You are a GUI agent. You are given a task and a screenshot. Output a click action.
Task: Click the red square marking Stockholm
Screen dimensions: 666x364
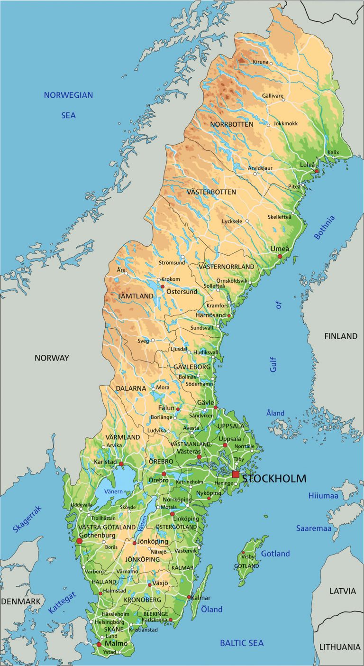point(236,474)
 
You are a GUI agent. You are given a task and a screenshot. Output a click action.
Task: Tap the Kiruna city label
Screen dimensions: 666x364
point(260,62)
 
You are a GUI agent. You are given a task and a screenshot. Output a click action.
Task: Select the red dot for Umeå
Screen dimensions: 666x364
point(280,256)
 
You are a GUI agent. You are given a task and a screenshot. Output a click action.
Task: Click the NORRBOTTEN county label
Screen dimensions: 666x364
point(232,124)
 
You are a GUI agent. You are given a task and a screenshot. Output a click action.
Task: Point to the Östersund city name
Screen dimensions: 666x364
point(182,292)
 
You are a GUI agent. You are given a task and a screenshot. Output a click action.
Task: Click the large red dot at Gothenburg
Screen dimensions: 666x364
point(79,541)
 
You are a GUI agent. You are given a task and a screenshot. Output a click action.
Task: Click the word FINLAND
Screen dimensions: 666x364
point(340,336)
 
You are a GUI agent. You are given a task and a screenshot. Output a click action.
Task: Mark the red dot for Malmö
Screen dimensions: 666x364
point(99,644)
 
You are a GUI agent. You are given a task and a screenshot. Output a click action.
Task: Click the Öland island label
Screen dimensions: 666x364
point(212,609)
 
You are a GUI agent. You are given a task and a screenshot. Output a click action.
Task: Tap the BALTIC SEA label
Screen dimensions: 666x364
point(242,643)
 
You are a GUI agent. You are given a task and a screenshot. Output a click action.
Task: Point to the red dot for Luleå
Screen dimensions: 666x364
point(317,171)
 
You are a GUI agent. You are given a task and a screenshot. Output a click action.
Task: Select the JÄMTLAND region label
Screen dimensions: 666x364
point(136,296)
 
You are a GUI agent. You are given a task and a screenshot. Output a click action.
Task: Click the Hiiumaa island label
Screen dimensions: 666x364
point(323,496)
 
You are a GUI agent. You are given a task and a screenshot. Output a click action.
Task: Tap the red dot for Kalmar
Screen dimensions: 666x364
point(189,597)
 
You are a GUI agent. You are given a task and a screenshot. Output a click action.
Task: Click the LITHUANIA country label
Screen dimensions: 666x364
point(339,647)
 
